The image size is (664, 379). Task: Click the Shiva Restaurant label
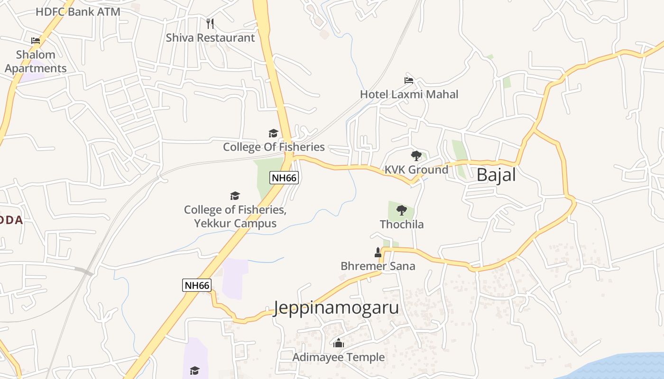tap(210, 38)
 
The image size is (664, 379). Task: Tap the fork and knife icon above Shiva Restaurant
tap(211, 23)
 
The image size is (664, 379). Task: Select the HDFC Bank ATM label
tap(78, 12)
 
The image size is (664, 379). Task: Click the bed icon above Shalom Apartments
tap(36, 41)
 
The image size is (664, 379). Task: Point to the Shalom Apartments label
tap(36, 62)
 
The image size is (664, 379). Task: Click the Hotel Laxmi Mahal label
tap(409, 94)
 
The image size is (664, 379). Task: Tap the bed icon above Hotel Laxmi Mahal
tap(409, 80)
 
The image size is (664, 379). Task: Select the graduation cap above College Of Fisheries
tap(273, 133)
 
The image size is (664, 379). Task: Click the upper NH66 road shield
tap(284, 178)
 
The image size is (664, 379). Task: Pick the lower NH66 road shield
tap(196, 285)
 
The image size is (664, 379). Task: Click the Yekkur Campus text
tap(235, 223)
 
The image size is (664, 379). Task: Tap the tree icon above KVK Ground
tap(416, 155)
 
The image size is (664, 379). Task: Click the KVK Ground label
tap(416, 170)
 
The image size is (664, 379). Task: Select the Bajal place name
tap(496, 175)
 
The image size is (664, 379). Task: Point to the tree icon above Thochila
tap(401, 210)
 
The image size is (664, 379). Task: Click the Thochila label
tap(401, 224)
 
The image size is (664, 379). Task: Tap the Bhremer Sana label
tap(378, 266)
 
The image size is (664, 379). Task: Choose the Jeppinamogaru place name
tap(336, 307)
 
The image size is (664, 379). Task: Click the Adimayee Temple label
tap(338, 357)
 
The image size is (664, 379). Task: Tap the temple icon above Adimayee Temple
tap(339, 343)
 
